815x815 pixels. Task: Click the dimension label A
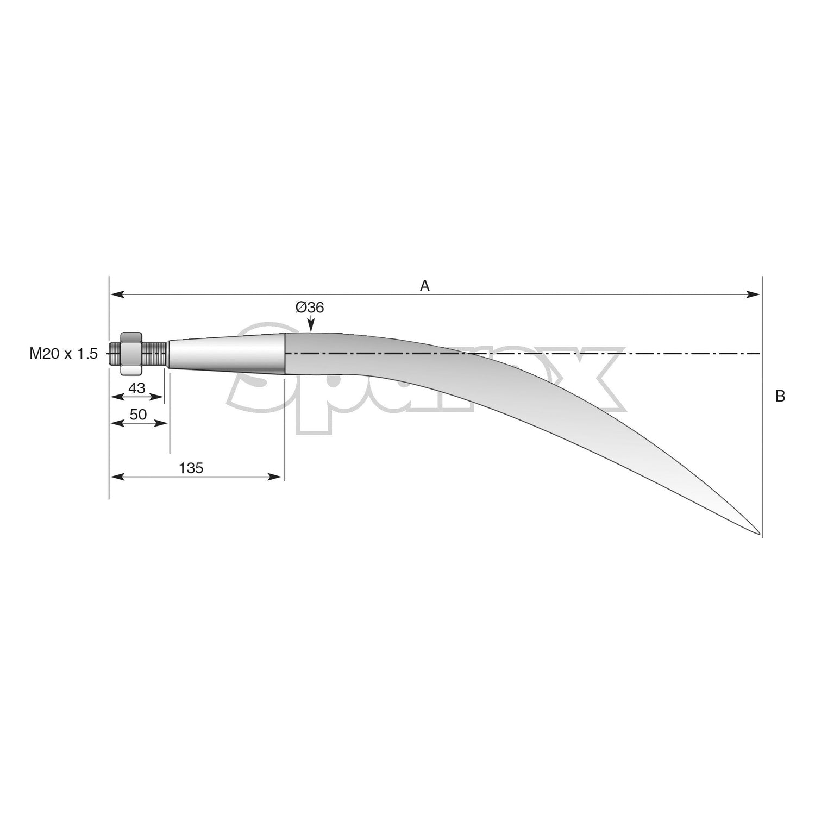(x=424, y=286)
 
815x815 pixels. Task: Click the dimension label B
(x=780, y=397)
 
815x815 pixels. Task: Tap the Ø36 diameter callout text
(x=309, y=308)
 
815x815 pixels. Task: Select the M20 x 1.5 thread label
(x=64, y=354)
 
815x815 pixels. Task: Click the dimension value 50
(x=138, y=415)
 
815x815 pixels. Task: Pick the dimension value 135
(x=191, y=468)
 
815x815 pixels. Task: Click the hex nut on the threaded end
(x=130, y=353)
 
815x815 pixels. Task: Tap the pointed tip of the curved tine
(x=758, y=533)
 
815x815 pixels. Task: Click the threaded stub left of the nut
(x=114, y=353)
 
